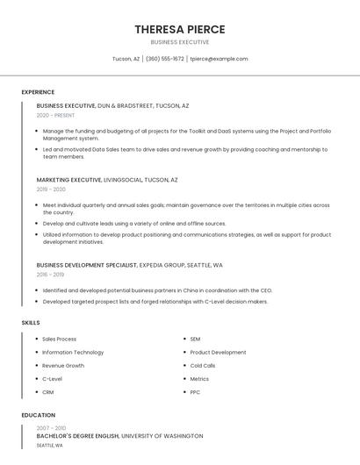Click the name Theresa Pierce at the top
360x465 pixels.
point(179,30)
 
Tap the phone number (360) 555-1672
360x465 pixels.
point(165,59)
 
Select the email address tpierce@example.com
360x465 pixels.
point(220,59)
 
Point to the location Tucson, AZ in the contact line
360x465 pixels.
point(126,59)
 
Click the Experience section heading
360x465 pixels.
point(38,92)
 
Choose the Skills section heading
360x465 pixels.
point(31,323)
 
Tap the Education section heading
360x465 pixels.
point(39,415)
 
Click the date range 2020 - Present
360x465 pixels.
point(55,115)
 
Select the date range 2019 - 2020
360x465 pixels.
point(51,190)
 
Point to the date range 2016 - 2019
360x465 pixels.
point(50,275)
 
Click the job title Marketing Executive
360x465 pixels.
point(68,180)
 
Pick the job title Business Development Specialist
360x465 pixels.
point(87,264)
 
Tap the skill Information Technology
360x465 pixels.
point(73,353)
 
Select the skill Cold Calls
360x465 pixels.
point(203,366)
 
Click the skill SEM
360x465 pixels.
point(195,340)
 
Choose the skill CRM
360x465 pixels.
point(48,392)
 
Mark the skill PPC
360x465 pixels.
point(195,392)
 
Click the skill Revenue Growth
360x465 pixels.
point(63,366)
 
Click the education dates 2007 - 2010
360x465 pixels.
point(51,427)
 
